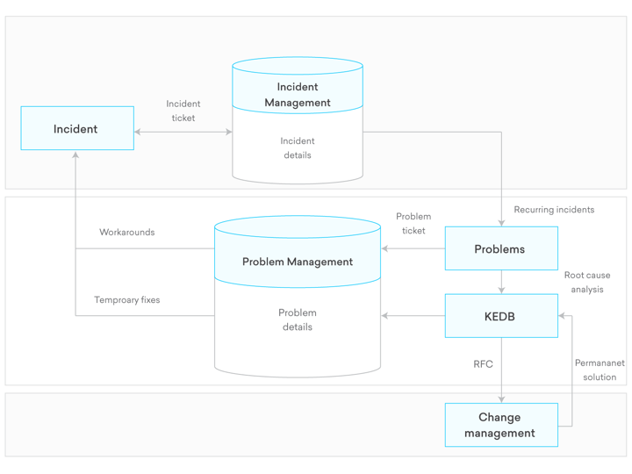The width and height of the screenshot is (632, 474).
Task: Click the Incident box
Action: [x=77, y=129]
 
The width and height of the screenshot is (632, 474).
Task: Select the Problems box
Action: [x=500, y=249]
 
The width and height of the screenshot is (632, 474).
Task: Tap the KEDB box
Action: [x=500, y=316]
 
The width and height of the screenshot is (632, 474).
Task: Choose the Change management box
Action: [x=500, y=426]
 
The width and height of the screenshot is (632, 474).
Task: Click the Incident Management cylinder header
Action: [x=298, y=94]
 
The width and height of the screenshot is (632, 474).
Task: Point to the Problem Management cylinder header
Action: [x=298, y=262]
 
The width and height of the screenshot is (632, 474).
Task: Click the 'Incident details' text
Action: [x=298, y=148]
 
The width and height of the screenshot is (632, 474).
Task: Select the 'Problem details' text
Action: [x=298, y=320]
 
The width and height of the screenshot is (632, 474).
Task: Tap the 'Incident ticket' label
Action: [x=183, y=111]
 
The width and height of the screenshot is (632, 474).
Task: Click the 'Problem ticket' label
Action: [x=413, y=223]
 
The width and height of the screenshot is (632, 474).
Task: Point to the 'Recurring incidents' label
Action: [x=554, y=210]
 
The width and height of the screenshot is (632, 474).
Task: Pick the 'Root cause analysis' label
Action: [x=586, y=282]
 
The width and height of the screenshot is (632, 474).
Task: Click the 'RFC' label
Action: [x=483, y=364]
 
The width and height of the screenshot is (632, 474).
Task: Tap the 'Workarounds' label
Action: [x=126, y=233]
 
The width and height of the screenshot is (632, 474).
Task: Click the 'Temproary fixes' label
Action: [x=126, y=300]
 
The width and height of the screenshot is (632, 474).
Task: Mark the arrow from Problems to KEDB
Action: [x=501, y=283]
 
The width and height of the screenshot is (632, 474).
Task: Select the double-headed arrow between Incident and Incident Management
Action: [x=183, y=133]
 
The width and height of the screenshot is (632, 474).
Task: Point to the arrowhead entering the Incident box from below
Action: [x=75, y=155]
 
